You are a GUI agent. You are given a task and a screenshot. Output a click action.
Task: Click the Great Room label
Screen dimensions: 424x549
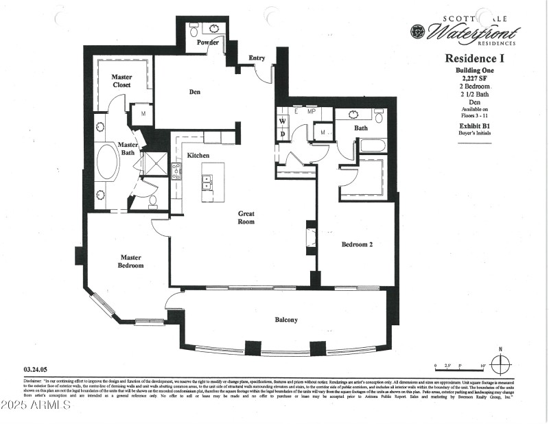click(246, 217)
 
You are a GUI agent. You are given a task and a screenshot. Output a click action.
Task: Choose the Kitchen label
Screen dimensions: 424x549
click(198, 156)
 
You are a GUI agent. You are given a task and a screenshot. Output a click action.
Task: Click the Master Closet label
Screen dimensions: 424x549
click(122, 81)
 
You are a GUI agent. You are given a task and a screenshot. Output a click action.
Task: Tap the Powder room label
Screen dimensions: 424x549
click(208, 43)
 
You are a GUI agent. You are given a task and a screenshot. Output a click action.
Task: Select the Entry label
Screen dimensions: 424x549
click(257, 58)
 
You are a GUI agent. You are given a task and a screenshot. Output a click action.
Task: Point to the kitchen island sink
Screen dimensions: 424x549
click(207, 182)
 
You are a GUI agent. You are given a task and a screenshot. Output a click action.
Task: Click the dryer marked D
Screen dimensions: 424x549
click(282, 134)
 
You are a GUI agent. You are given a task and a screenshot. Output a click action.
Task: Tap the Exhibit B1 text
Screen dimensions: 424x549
click(474, 126)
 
